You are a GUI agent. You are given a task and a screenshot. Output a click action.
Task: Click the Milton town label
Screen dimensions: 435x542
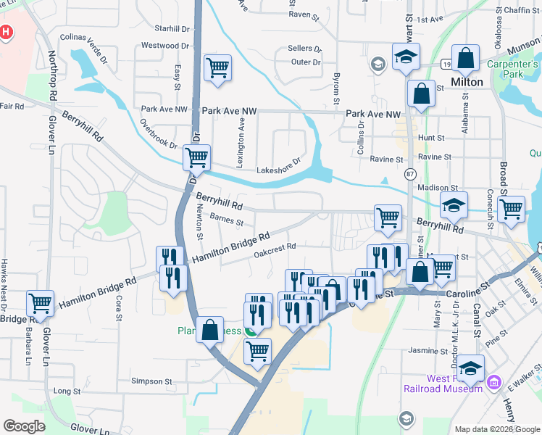pyautogui.click(x=467, y=82)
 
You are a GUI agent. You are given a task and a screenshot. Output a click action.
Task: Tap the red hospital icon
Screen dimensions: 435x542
pyautogui.click(x=6, y=33)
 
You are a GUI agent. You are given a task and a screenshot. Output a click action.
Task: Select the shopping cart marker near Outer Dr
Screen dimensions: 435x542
pyautogui.click(x=217, y=68)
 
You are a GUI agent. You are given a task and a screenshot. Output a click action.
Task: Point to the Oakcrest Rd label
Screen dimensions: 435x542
pyautogui.click(x=275, y=247)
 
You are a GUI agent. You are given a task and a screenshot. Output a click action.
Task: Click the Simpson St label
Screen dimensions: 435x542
pyautogui.click(x=151, y=381)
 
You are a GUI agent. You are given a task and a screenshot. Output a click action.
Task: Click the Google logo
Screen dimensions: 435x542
pyautogui.click(x=25, y=426)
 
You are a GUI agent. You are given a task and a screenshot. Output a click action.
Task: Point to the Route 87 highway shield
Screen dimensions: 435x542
pyautogui.click(x=410, y=175)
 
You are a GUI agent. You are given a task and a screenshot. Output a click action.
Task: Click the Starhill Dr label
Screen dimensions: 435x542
pyautogui.click(x=172, y=28)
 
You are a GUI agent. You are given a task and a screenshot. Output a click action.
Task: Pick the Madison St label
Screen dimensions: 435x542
pyautogui.click(x=433, y=187)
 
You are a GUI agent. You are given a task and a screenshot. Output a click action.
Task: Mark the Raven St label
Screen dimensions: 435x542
pyautogui.click(x=304, y=14)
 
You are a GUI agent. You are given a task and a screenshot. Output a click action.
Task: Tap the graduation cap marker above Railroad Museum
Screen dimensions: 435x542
pyautogui.click(x=470, y=368)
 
